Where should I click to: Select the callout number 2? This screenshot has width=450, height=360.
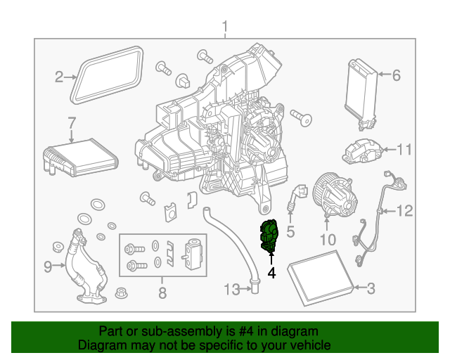click(x=60, y=77)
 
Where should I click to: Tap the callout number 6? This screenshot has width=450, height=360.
click(x=395, y=75)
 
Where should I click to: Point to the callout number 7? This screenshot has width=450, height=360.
click(x=71, y=123)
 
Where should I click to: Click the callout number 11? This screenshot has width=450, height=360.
click(x=403, y=150)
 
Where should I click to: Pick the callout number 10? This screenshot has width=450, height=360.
click(x=328, y=240)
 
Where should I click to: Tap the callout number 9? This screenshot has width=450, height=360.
click(x=49, y=266)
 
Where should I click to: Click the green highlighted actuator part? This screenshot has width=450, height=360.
click(x=270, y=233)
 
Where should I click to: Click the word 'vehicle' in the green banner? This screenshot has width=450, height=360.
click(x=310, y=345)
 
